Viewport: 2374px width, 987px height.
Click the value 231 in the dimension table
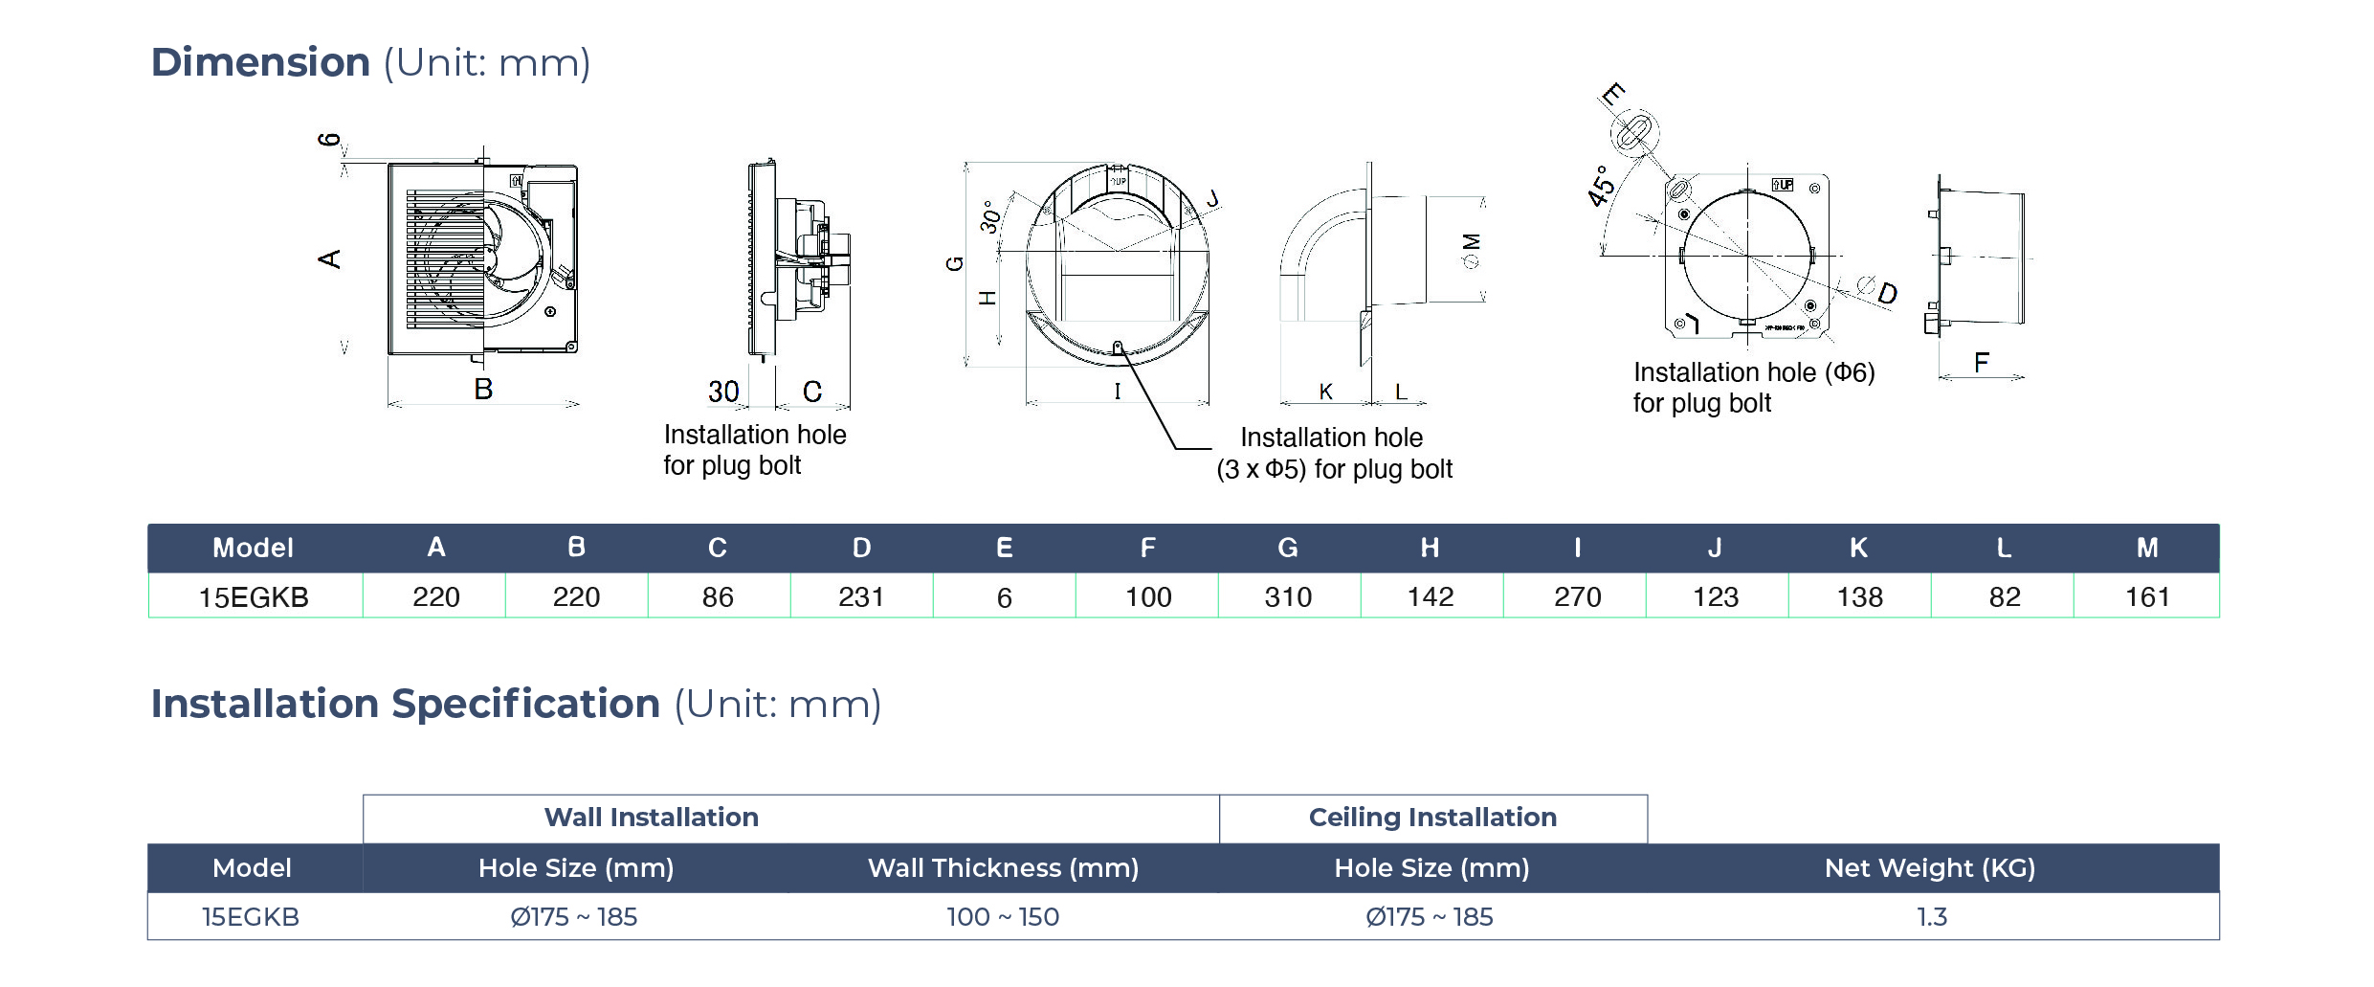click(x=861, y=597)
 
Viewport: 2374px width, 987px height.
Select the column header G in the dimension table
click(x=1288, y=548)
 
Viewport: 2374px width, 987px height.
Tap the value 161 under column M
click(x=2147, y=597)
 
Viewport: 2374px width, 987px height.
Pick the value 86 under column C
click(x=718, y=597)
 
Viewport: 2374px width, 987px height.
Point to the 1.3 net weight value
click(x=1931, y=917)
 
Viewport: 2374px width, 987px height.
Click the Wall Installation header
click(x=651, y=818)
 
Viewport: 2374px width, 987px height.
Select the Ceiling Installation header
click(x=1432, y=818)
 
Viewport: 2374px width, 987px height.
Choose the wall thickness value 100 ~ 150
click(x=1003, y=917)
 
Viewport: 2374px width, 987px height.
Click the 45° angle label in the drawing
click(x=1601, y=186)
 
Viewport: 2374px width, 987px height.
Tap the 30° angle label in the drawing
click(x=991, y=217)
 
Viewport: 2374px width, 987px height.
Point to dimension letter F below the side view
click(x=1981, y=363)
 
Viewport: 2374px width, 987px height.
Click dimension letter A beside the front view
click(x=329, y=258)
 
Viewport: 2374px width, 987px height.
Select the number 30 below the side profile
click(x=723, y=392)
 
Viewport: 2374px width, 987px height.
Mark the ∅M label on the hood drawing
click(x=1472, y=251)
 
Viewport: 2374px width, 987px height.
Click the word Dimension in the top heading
click(x=260, y=63)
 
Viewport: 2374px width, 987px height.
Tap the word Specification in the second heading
click(x=525, y=705)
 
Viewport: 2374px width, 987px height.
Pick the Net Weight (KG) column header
click(x=1929, y=868)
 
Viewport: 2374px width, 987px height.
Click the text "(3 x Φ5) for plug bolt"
click(x=1334, y=469)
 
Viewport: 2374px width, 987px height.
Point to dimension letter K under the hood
click(x=1325, y=392)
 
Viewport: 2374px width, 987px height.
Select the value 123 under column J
click(x=1716, y=597)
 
